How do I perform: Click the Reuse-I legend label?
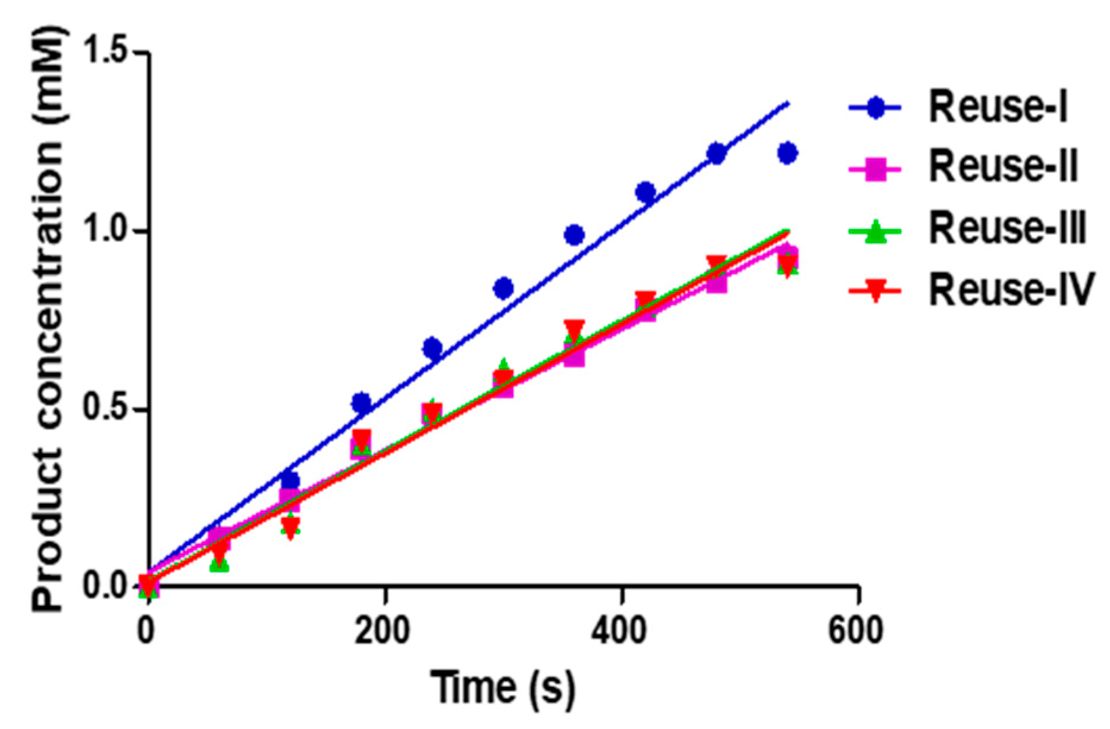[998, 108]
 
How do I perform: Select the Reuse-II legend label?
[1003, 168]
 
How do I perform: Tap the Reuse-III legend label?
[1008, 229]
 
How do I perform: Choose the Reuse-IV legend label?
[1011, 290]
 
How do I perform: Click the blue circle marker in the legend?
[875, 108]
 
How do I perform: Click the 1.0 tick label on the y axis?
[106, 231]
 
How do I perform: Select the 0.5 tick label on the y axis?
[106, 410]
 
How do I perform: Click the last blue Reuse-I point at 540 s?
[787, 153]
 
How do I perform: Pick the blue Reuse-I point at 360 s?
[574, 235]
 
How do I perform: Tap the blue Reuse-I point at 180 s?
[362, 403]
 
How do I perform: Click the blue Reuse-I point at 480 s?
[716, 153]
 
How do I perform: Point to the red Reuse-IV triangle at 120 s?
[290, 527]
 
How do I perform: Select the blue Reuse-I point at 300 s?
[503, 288]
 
